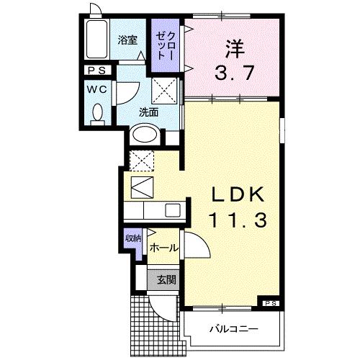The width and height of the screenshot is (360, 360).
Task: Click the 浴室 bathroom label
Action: [127, 40]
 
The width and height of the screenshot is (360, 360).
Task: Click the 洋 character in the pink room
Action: [233, 50]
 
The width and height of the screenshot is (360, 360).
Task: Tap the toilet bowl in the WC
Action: [99, 113]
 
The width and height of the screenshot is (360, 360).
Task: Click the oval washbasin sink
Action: [145, 135]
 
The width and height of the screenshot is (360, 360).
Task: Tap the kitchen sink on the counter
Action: [174, 210]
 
